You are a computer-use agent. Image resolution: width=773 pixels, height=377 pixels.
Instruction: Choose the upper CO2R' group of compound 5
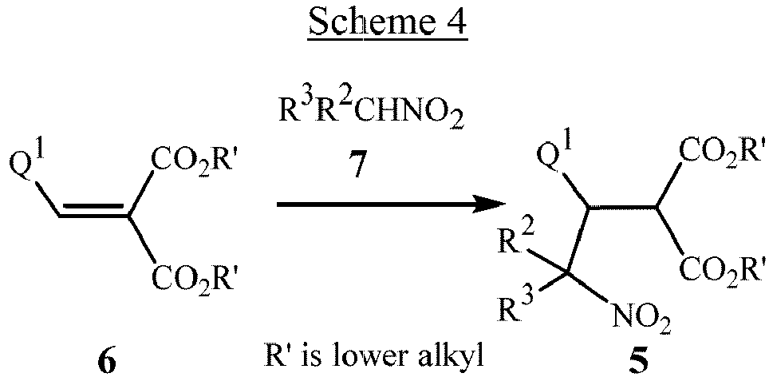coord(722,149)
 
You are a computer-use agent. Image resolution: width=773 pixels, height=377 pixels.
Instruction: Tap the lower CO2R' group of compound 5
coord(722,266)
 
